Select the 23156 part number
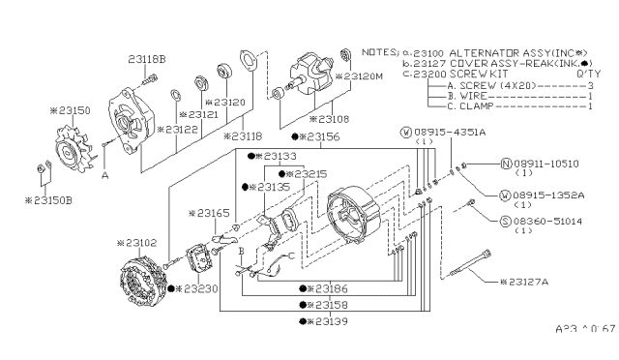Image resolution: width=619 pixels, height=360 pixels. pyautogui.click(x=323, y=137)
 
